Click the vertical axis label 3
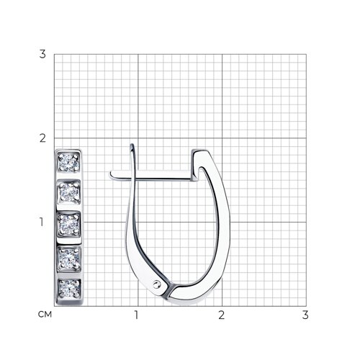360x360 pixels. (x=42, y=54)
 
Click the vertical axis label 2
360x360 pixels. (x=42, y=138)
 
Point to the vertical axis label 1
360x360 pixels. (x=42, y=222)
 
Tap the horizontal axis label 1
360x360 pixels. (x=136, y=315)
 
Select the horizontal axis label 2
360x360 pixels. (x=221, y=315)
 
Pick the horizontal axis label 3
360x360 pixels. (x=305, y=315)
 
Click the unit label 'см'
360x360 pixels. (x=45, y=315)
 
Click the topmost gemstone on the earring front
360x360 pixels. (x=68, y=163)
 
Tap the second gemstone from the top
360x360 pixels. (x=69, y=193)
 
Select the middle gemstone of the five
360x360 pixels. (x=69, y=225)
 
